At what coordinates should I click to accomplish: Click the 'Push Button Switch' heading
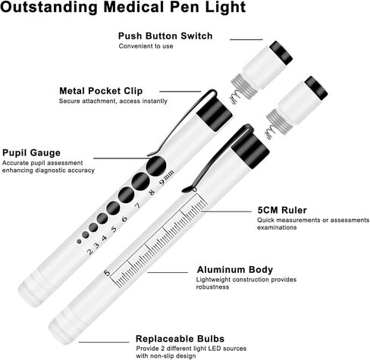165,36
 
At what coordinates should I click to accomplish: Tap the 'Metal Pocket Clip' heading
101,91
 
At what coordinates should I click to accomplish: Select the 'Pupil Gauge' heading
31,153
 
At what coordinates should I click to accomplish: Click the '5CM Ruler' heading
282,210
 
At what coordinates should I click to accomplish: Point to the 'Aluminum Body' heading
235,270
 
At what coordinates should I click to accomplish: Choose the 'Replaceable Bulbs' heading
180,339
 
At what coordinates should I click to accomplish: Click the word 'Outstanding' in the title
49,7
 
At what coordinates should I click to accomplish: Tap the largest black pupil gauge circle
156,166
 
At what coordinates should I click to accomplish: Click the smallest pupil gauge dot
79,242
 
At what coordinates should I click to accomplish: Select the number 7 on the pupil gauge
137,205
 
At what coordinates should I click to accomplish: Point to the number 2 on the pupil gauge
90,252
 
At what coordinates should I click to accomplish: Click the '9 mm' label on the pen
167,177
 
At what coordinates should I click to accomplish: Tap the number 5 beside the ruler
107,273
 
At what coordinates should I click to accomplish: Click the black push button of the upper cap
281,52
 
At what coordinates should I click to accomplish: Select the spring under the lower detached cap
269,132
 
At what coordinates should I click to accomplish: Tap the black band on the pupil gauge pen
215,114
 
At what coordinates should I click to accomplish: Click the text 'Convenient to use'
146,46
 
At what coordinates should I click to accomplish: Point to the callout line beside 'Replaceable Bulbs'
104,343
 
